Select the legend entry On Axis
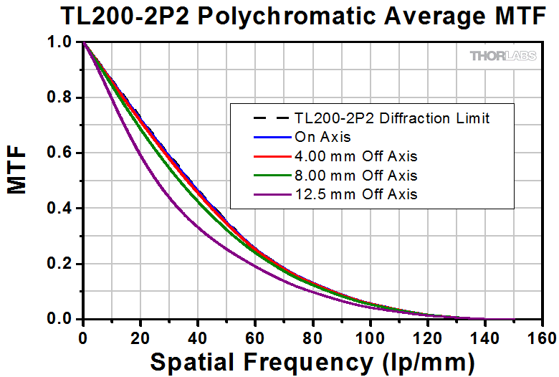tap(320, 137)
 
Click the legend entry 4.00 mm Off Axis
tap(355, 156)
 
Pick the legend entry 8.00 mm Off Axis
tap(355, 175)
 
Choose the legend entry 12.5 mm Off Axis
tap(355, 194)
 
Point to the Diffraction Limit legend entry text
tap(392, 118)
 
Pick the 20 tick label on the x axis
tap(141, 337)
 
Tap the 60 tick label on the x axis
tap(256, 337)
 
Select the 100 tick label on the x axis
tap(371, 337)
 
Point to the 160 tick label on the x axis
tap(543, 337)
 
